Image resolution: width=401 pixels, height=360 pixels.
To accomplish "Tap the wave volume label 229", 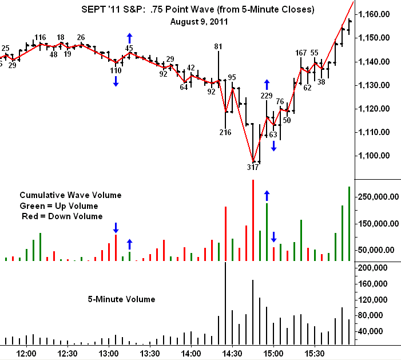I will [x=267, y=96].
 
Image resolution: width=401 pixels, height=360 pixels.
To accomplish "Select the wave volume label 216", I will [x=225, y=133].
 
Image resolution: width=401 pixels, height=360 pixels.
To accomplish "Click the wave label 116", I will [x=40, y=38].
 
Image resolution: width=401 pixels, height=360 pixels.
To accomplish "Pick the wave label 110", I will [x=116, y=70].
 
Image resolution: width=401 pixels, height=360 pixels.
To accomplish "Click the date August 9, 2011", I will [x=200, y=22].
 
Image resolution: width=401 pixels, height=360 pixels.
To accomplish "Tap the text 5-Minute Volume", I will [x=121, y=299].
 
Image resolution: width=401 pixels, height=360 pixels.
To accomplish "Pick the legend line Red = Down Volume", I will [x=62, y=216].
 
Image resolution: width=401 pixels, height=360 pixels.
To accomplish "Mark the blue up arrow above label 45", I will [x=129, y=37].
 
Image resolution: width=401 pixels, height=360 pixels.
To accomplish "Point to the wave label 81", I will [x=218, y=46].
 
